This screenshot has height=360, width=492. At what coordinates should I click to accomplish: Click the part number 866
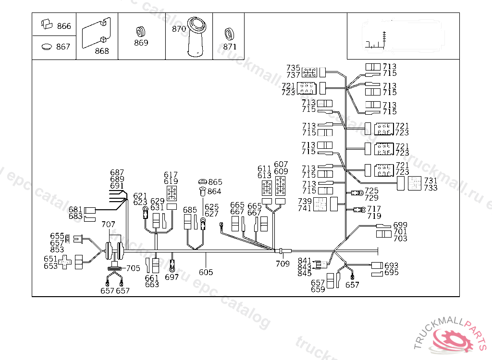click(x=64, y=26)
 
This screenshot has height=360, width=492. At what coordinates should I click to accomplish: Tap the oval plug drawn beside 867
click(x=47, y=47)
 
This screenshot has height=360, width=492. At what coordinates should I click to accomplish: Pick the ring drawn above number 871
click(x=229, y=34)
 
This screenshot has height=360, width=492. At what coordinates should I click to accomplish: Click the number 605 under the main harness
click(x=206, y=272)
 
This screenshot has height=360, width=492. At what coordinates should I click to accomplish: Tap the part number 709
click(x=283, y=264)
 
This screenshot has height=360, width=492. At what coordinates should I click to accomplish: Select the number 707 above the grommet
click(x=109, y=224)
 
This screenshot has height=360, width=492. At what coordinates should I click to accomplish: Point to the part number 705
click(x=134, y=268)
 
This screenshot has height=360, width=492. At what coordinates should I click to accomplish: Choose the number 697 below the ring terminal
click(x=172, y=277)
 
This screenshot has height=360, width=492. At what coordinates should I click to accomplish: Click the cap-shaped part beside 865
click(x=202, y=181)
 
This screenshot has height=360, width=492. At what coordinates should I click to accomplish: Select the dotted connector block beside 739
click(x=320, y=204)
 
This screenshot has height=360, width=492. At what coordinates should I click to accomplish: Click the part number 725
click(x=372, y=191)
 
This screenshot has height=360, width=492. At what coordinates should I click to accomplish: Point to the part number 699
click(x=400, y=225)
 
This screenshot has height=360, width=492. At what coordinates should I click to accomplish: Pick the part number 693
click(x=392, y=265)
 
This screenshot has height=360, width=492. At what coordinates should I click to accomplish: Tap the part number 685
click(x=190, y=210)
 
